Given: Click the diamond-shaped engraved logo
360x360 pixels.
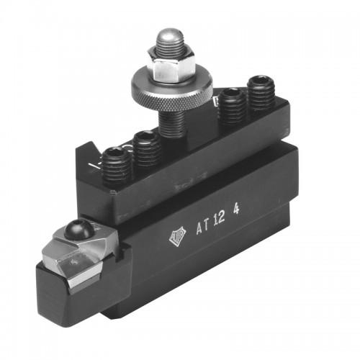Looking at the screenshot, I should tap(177, 235).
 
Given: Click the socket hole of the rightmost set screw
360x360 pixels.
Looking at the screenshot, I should tap(261, 81).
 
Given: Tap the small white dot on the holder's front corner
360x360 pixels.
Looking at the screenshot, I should tap(113, 192).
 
